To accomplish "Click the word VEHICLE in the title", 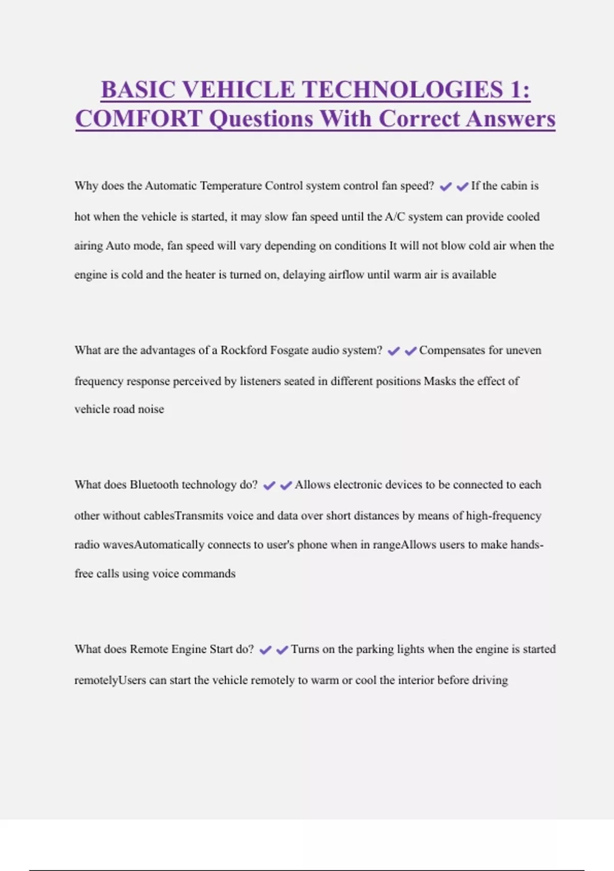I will pyautogui.click(x=238, y=90).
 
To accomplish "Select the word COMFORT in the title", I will pyautogui.click(x=139, y=119).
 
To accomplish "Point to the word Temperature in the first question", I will pyautogui.click(x=231, y=185).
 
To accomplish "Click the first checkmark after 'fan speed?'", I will pyautogui.click(x=446, y=186).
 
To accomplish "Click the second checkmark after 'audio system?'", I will pyautogui.click(x=410, y=351).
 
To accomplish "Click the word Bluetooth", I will pyautogui.click(x=154, y=485).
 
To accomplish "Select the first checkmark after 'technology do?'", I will pyautogui.click(x=269, y=486).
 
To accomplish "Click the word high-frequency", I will pyautogui.click(x=503, y=515).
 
